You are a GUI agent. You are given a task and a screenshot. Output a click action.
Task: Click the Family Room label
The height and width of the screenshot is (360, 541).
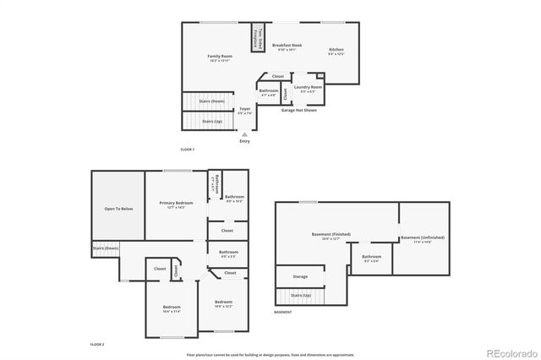pyautogui.click(x=220, y=57)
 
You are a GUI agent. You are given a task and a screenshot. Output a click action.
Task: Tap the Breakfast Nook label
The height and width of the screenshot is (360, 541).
pyautogui.click(x=287, y=45)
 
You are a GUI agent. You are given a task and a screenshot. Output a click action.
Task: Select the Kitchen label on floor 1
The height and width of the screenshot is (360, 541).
pyautogui.click(x=336, y=50)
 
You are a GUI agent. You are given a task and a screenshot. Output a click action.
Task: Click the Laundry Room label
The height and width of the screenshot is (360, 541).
pyautogui.click(x=308, y=87)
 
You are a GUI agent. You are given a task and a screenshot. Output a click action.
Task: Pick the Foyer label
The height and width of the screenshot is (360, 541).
pyautogui.click(x=245, y=109)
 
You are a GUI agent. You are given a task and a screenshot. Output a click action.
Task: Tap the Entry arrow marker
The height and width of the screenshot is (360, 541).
pyautogui.click(x=244, y=134)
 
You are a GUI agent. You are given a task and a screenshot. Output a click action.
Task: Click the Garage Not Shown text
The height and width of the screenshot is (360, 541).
pyautogui.click(x=299, y=110)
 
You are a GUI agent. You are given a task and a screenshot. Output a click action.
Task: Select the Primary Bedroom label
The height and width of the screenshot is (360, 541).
pyautogui.click(x=178, y=203)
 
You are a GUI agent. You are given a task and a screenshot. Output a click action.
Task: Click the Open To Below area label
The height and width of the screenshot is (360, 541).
pyautogui.click(x=118, y=208)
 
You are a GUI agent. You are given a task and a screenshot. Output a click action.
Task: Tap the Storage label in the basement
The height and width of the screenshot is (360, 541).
pyautogui.click(x=300, y=276)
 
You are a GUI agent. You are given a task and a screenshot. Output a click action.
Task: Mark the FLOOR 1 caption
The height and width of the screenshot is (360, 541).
pyautogui.click(x=188, y=150)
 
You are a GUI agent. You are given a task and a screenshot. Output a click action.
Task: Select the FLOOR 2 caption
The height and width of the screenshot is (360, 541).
pyautogui.click(x=97, y=345)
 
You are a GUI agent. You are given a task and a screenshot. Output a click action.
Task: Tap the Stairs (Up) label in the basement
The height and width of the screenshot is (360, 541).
pyautogui.click(x=301, y=295)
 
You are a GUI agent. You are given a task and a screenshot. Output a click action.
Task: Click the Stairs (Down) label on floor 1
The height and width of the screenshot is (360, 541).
pyautogui.click(x=211, y=101)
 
